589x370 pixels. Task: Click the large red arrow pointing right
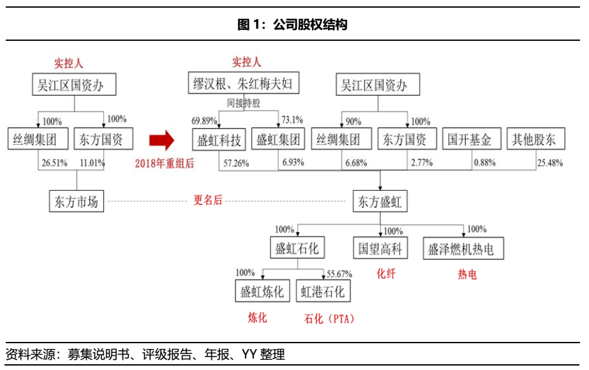[x=161, y=140]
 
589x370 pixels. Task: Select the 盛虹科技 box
[x=219, y=140]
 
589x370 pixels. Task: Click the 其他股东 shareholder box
[x=536, y=139]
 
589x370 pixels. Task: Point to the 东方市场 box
[x=77, y=202]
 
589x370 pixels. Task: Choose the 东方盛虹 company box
[x=380, y=202]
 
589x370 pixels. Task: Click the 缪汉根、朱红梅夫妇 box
[x=244, y=83]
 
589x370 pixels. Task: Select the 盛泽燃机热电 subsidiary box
[x=463, y=248]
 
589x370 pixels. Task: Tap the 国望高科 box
[x=380, y=248]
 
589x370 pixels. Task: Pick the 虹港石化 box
[x=323, y=291]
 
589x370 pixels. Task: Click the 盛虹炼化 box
[x=262, y=291]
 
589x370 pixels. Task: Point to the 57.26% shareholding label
[x=236, y=163]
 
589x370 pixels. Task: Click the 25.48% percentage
[x=550, y=163]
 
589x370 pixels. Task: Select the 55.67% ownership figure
[x=339, y=274]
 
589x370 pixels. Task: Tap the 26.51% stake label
[x=54, y=163]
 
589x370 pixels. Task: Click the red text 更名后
[x=208, y=200]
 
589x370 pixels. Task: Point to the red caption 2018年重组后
[x=165, y=163]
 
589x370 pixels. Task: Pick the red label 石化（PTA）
[x=329, y=319]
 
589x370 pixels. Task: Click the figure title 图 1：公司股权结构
[x=292, y=25]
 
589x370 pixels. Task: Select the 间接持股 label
[x=243, y=103]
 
